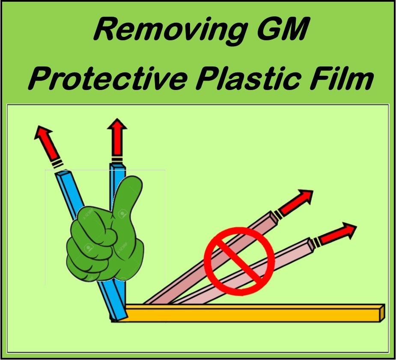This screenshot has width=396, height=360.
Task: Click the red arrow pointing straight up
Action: tap(117, 137)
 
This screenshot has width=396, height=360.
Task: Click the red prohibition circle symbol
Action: tap(239, 261)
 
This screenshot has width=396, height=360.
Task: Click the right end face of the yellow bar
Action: tap(382, 313)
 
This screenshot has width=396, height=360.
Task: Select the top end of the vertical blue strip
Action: tap(117, 166)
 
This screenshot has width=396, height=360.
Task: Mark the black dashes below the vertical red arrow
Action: tap(117, 159)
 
